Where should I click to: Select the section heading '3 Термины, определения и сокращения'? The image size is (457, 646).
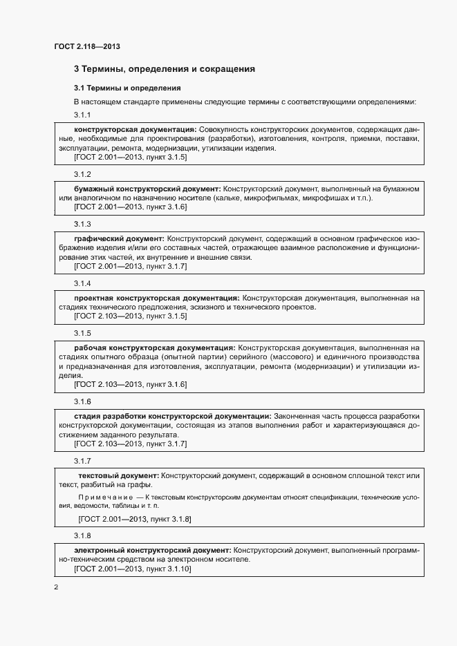(165, 69)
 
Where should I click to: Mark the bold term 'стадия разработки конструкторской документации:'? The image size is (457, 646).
(172, 416)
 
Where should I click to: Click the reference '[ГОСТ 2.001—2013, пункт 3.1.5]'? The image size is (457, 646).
(130, 158)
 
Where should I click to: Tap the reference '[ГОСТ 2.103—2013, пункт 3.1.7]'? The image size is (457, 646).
(130, 444)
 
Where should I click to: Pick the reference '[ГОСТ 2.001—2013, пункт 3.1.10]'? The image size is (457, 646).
(132, 569)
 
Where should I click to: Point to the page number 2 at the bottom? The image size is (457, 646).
(56, 587)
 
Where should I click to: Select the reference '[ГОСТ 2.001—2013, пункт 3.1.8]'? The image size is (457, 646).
(135, 518)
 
